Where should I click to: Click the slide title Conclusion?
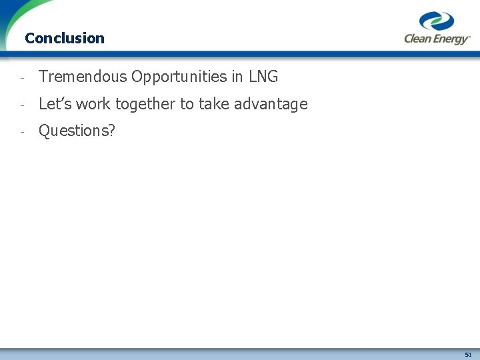[x=64, y=38]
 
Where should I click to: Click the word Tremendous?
[x=83, y=77]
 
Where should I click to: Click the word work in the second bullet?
[x=93, y=104]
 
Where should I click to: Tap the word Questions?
[x=77, y=131]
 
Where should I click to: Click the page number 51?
[x=468, y=354]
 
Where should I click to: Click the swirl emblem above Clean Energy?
[x=437, y=21]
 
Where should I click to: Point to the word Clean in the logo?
[x=418, y=39]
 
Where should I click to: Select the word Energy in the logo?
[x=451, y=39]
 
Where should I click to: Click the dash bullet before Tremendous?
[x=22, y=77]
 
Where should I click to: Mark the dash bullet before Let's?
[x=22, y=105]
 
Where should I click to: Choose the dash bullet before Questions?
[x=22, y=131]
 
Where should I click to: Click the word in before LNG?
[x=237, y=77]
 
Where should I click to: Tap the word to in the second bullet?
[x=187, y=104]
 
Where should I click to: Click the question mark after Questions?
[x=111, y=131]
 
